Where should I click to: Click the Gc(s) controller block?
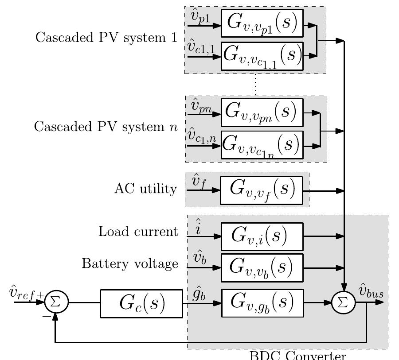click(141, 303)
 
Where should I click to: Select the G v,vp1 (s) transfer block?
click(262, 24)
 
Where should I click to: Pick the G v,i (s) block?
click(262, 236)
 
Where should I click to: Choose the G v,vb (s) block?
click(262, 267)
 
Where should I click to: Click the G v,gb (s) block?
click(262, 303)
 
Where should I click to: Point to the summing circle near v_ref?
click(56, 302)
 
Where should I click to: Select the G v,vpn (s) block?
click(262, 112)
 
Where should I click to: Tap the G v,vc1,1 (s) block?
click(262, 56)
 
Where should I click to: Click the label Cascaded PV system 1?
click(106, 37)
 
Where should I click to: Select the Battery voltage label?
click(129, 264)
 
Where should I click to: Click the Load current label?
click(138, 232)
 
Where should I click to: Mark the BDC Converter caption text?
click(297, 355)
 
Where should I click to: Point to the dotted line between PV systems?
click(256, 85)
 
